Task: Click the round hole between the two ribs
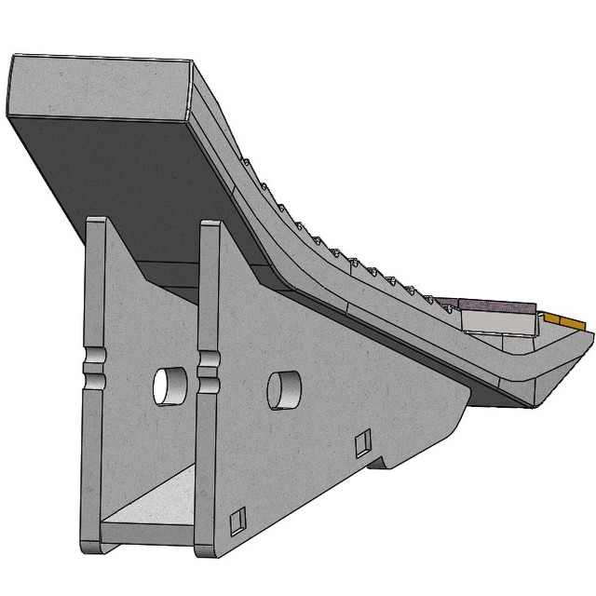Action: click(170, 386)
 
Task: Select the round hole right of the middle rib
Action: click(284, 389)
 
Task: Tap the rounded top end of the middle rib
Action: click(210, 226)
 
